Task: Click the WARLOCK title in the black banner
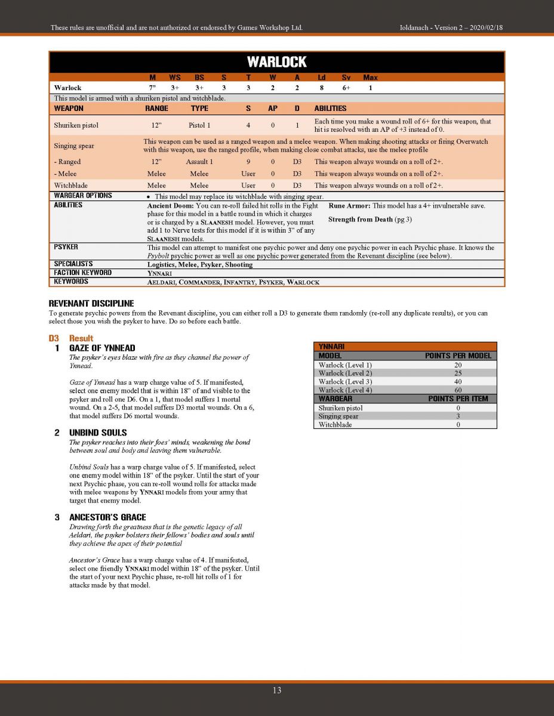(x=276, y=62)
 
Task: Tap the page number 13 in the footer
(x=277, y=690)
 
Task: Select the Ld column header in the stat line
(x=322, y=78)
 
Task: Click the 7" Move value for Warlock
(x=152, y=88)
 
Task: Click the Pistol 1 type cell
(x=199, y=125)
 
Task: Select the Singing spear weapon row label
(x=74, y=146)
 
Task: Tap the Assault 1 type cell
(x=199, y=162)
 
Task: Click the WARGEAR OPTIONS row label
(x=83, y=196)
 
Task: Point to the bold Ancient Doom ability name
(x=170, y=205)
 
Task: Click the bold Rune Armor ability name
(x=350, y=205)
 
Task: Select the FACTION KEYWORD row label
(x=83, y=273)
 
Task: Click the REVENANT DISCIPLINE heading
(x=91, y=303)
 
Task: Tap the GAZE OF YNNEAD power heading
(x=102, y=348)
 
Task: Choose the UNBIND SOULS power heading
(x=98, y=433)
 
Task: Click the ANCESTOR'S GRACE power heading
(x=107, y=517)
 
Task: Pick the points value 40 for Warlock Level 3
(x=458, y=382)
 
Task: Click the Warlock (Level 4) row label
(x=345, y=390)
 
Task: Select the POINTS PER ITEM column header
(x=458, y=399)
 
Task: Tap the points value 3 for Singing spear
(x=458, y=416)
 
